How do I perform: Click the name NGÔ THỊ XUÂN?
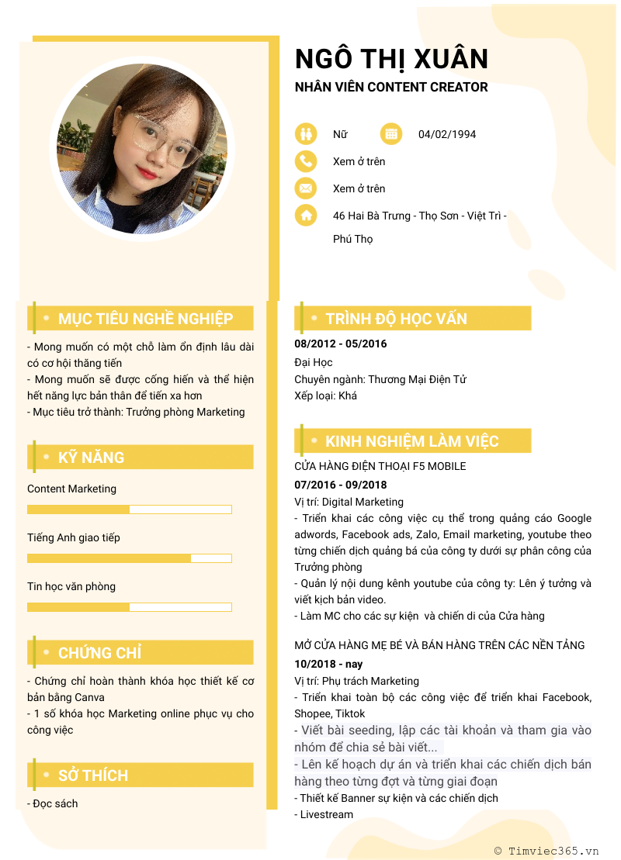391,59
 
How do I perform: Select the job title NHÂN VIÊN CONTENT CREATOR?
391,87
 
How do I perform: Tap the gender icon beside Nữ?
306,134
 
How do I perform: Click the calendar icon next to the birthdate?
391,134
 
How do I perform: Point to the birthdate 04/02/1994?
447,134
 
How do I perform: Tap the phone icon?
306,161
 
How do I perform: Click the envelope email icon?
306,188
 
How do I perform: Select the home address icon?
306,216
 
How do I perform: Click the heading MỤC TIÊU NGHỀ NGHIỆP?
145,319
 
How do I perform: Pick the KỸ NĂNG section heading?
91,458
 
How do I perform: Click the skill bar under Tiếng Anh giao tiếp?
130,558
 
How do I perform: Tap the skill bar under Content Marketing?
130,509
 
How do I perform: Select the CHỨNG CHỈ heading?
99,653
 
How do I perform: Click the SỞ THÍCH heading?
93,775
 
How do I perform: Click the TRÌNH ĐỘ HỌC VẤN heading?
396,319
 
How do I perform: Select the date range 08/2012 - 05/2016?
340,344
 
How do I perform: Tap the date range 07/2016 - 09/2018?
340,485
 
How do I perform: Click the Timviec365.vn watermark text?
553,851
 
